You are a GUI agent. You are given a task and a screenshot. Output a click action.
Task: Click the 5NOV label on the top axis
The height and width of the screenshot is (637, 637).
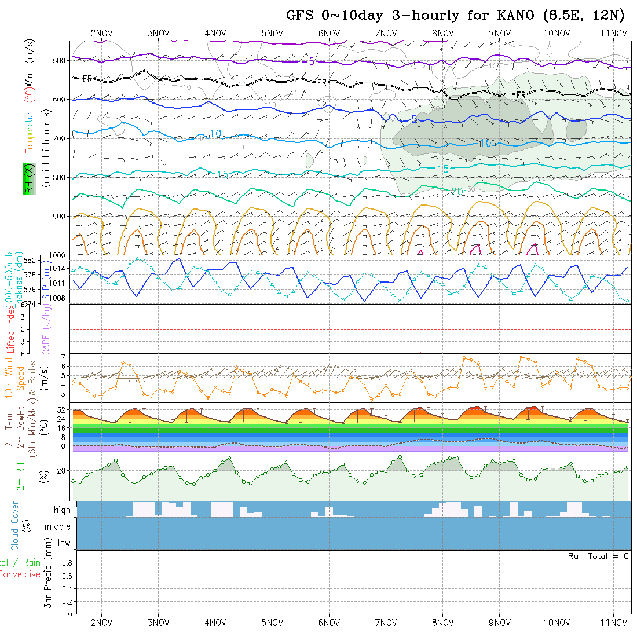[x=272, y=33]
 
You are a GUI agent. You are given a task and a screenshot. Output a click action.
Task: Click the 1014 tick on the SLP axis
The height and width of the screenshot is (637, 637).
[x=58, y=269]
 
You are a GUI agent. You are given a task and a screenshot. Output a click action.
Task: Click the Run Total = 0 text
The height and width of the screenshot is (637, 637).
[x=598, y=556]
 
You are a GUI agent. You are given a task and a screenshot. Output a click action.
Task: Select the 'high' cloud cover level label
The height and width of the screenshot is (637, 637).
[x=62, y=510]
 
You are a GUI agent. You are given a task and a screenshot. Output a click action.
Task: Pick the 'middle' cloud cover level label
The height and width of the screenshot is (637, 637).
[x=58, y=526]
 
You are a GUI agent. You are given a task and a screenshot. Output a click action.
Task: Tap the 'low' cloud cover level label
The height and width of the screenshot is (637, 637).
[x=64, y=543]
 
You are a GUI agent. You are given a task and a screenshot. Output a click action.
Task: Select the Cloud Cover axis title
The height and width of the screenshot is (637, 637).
[x=15, y=526]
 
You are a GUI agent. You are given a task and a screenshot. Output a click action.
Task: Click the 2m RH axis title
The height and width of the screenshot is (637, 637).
[x=20, y=477]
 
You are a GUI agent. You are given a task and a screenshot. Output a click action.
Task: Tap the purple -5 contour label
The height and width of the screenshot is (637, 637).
[x=311, y=61]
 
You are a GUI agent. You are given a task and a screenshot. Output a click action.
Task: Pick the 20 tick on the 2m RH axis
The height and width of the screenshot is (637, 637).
[x=62, y=471]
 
